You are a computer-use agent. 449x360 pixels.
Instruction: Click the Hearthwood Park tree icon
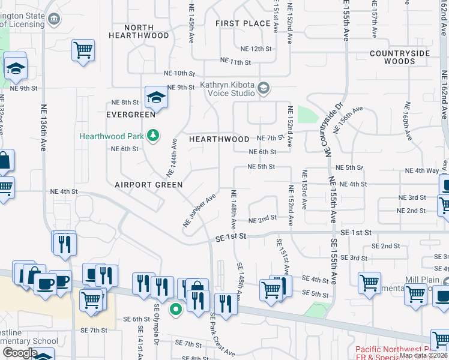tap(154, 136)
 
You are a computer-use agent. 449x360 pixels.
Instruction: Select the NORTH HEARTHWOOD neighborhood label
tap(139, 32)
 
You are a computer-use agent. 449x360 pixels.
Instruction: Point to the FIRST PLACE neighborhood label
tap(243, 23)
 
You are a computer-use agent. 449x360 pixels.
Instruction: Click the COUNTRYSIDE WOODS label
tap(400, 57)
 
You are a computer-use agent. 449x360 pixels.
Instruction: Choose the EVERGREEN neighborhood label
tap(131, 115)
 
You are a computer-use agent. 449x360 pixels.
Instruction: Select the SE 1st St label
tap(231, 238)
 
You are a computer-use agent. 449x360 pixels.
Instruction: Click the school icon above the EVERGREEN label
tap(156, 97)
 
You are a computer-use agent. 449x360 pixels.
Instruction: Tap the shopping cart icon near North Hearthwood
tap(83, 50)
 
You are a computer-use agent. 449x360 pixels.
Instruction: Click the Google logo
tap(20, 353)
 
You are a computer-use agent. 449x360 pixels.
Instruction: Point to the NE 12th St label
tap(256, 49)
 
